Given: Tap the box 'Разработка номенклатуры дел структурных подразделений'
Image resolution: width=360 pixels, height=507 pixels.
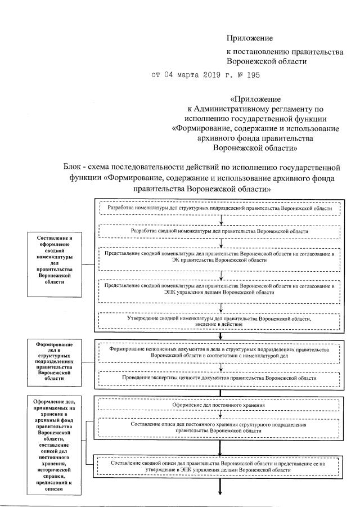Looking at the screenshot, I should click(223, 208).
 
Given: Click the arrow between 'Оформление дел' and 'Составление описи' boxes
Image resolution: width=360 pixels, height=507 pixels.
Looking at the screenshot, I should click(220, 414).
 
